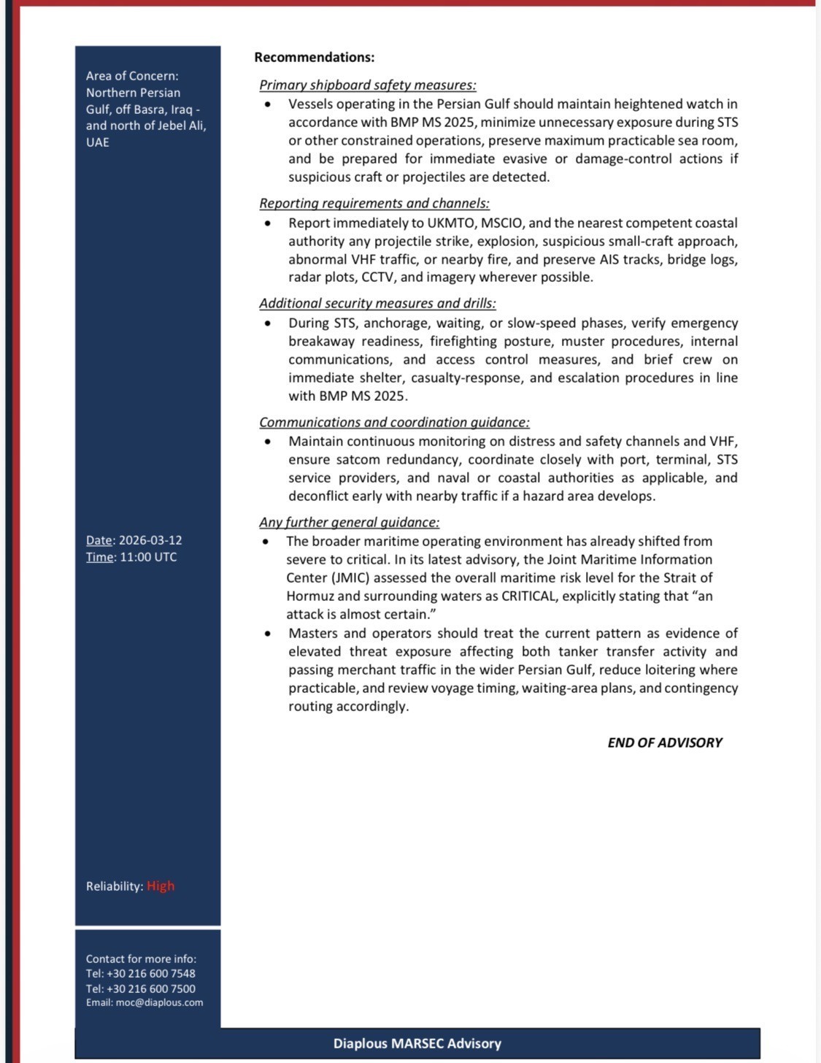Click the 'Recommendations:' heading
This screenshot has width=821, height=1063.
click(314, 57)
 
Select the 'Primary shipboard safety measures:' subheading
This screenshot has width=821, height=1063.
click(367, 85)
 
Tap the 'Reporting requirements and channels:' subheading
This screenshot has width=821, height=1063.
click(374, 203)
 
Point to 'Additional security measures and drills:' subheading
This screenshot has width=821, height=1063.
click(377, 303)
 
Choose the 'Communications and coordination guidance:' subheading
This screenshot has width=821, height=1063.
click(394, 422)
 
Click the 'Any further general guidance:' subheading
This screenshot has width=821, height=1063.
click(349, 522)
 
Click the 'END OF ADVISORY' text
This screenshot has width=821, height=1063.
click(664, 742)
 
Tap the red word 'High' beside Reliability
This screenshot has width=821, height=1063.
click(161, 886)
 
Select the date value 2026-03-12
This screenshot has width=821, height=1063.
click(150, 540)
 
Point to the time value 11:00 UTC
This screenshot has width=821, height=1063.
click(148, 557)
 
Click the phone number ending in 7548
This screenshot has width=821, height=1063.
click(151, 973)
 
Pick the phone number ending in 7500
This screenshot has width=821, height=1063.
click(151, 989)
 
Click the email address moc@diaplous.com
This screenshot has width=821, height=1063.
click(159, 1002)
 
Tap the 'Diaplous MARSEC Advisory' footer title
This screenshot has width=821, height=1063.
click(417, 1043)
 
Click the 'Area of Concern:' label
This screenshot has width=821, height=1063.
click(132, 76)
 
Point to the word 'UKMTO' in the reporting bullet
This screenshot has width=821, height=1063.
click(450, 223)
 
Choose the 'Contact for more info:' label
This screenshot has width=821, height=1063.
click(141, 959)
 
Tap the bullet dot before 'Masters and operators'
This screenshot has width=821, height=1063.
click(268, 634)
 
